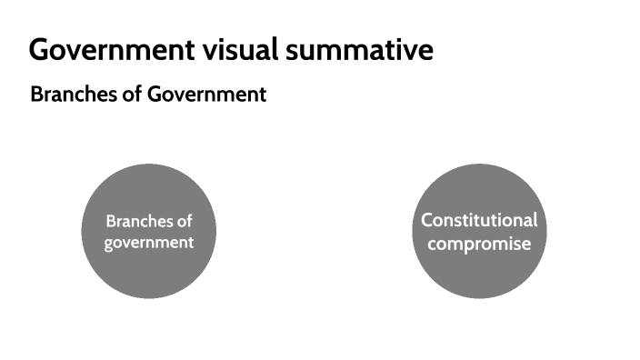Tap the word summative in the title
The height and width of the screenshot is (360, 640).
tap(359, 50)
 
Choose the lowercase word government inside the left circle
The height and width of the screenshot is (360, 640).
tap(149, 243)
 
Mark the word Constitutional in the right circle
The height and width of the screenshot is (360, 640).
tap(479, 220)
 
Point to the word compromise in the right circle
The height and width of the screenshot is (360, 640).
tap(479, 244)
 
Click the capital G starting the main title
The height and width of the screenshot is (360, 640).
tap(39, 50)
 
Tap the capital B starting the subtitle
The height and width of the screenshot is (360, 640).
tap(36, 95)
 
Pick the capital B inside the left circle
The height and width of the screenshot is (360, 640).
tap(111, 221)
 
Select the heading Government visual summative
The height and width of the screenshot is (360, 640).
tap(231, 50)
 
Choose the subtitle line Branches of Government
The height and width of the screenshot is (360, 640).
tap(148, 95)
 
